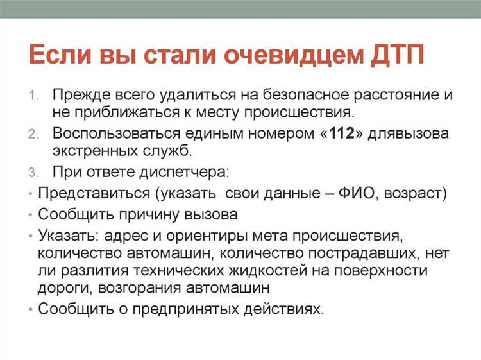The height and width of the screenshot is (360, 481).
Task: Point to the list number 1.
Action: coord(34,95)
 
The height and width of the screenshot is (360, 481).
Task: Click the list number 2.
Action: coord(34,134)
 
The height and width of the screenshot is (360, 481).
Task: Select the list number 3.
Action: coord(34,173)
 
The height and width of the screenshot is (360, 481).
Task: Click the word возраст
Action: coord(415,193)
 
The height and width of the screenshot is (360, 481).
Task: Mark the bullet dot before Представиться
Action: coord(31,193)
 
